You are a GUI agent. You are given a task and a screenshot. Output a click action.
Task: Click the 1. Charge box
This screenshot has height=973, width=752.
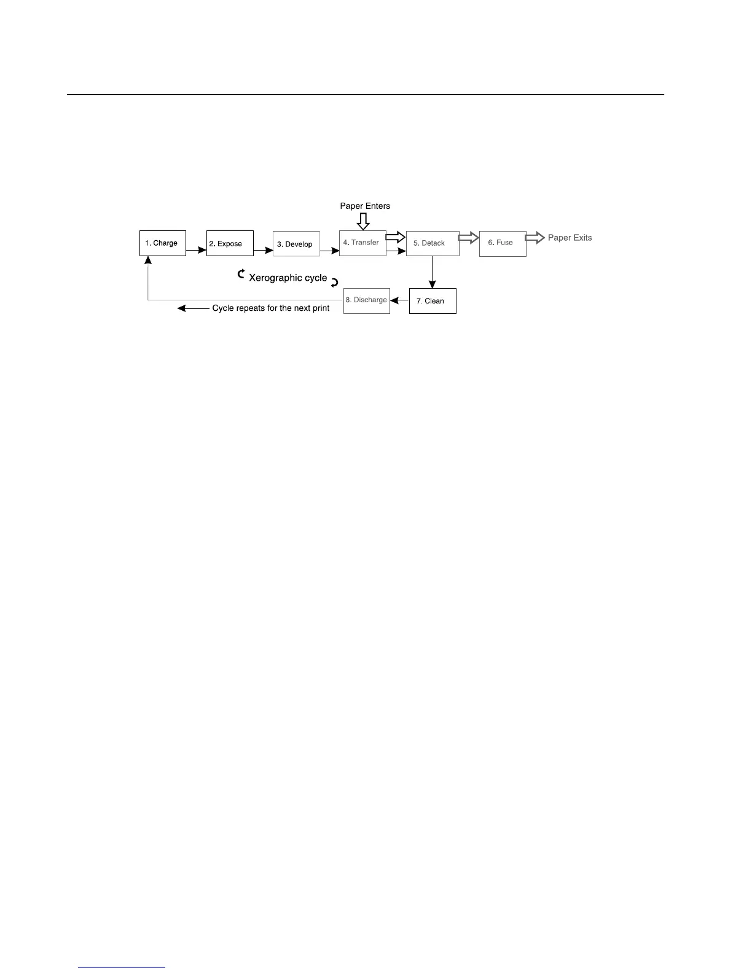click(163, 243)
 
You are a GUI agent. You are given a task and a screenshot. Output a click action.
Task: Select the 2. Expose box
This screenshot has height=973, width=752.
click(230, 243)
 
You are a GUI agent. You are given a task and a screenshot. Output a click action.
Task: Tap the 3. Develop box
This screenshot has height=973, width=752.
click(296, 244)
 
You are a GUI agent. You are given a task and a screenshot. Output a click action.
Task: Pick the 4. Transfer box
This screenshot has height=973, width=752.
click(362, 243)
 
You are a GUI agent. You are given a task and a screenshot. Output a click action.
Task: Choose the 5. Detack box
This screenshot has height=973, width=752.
click(433, 243)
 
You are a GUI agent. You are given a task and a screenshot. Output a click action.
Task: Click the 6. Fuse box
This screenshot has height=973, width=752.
click(503, 243)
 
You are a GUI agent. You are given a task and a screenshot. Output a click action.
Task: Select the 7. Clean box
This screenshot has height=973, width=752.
click(433, 301)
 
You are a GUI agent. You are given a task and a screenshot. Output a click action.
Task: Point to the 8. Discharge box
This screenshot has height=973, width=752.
click(366, 300)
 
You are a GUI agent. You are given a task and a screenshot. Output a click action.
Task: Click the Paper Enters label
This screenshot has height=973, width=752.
click(365, 206)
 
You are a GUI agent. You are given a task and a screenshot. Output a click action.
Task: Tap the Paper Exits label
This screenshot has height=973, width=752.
click(570, 238)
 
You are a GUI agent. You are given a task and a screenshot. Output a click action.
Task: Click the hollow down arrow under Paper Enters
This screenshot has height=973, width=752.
click(363, 221)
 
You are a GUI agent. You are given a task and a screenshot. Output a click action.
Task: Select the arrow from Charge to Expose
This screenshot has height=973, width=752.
click(196, 250)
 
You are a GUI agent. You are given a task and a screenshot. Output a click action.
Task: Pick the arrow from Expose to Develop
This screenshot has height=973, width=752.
click(263, 250)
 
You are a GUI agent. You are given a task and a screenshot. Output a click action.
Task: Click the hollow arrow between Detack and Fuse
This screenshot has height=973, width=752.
click(469, 238)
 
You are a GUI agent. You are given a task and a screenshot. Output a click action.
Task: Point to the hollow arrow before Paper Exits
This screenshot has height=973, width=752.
click(535, 237)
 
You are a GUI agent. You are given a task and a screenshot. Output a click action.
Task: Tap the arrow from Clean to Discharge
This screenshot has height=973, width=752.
click(399, 300)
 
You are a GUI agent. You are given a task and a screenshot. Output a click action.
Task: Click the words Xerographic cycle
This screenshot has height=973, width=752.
click(288, 278)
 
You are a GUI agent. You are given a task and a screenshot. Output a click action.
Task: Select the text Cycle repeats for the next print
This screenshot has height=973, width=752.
click(271, 308)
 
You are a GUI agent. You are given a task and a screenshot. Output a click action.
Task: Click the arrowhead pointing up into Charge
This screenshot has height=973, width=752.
click(148, 260)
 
